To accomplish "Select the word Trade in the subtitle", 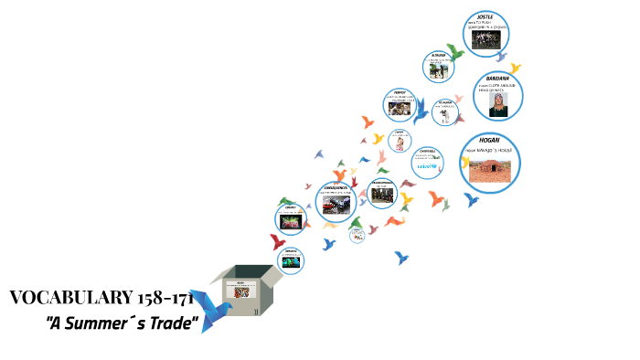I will (x=175, y=323).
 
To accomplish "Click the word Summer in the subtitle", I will (x=109, y=323).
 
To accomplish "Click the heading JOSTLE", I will (x=480, y=16).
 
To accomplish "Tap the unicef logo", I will (x=426, y=166).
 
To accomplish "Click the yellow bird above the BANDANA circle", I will (x=515, y=68).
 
